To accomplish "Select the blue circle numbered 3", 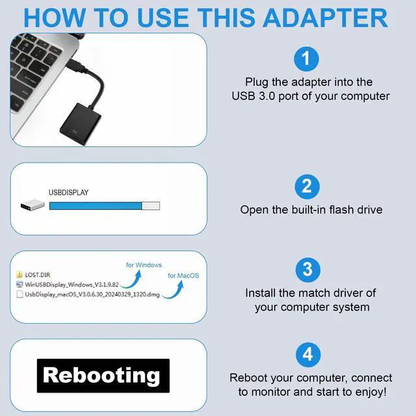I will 307,268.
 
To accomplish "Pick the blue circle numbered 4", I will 307,354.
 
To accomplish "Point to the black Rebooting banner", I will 102,375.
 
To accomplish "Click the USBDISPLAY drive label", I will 68,193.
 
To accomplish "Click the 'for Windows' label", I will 144,265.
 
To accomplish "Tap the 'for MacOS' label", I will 183,276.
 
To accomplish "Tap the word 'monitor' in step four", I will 272,391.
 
